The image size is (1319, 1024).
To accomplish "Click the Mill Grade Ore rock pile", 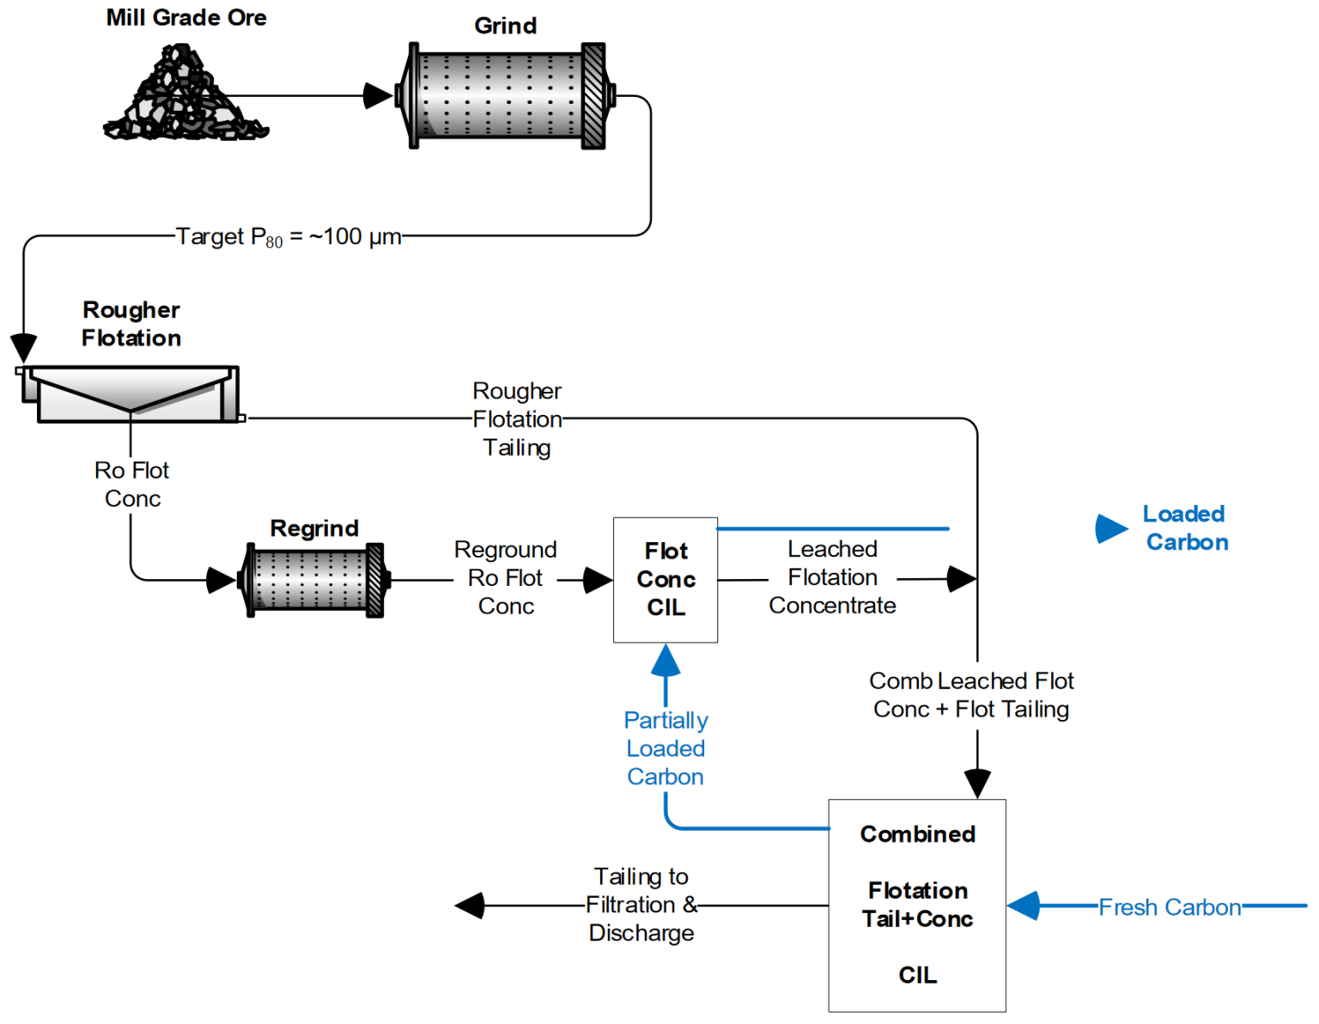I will tap(184, 96).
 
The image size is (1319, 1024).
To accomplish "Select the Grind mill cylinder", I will tap(504, 95).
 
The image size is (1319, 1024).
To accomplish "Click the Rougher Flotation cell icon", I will tap(129, 394).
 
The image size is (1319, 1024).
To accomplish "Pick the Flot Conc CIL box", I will tap(666, 580).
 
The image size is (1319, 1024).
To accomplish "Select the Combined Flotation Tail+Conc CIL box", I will tap(916, 905).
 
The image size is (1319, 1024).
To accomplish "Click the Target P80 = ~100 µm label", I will tap(289, 237).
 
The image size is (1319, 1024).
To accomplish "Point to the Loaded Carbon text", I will tap(1186, 528).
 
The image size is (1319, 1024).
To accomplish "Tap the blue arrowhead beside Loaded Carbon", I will tap(1110, 528).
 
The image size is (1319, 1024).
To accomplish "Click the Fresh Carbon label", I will tap(1170, 907).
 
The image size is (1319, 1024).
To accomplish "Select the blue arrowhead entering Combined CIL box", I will tap(1024, 905).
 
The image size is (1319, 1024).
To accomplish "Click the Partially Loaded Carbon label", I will tap(666, 748).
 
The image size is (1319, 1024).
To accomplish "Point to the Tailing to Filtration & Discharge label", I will tap(641, 905).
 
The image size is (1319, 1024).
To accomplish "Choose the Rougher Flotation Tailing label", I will tap(517, 419).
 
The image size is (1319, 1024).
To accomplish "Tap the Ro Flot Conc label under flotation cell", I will tap(132, 485).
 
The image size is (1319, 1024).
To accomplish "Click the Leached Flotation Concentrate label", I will tap(832, 577).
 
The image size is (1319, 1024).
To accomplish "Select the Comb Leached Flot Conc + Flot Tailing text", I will tap(971, 695).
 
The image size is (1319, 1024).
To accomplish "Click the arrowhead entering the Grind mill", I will tap(377, 95).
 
